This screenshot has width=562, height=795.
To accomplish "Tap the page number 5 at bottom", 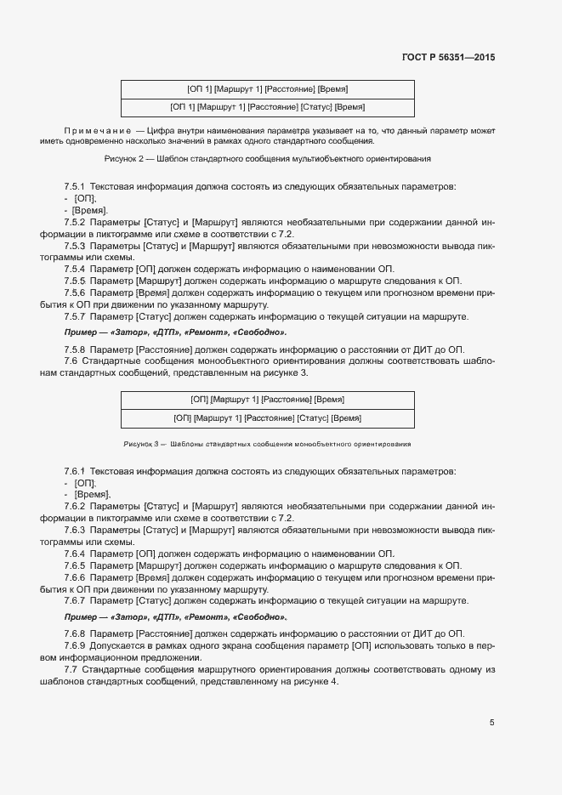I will point(491,724).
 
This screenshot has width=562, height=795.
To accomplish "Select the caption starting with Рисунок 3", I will point(267,444).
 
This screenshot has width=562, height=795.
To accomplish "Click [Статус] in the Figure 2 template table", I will point(317,107).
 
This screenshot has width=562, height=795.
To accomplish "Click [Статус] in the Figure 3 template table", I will point(313,418).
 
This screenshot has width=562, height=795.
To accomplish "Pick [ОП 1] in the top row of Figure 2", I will point(199,88).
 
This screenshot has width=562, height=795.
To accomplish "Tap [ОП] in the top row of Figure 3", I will point(200,400).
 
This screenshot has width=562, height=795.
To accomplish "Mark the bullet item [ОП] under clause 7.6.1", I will point(85,483).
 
